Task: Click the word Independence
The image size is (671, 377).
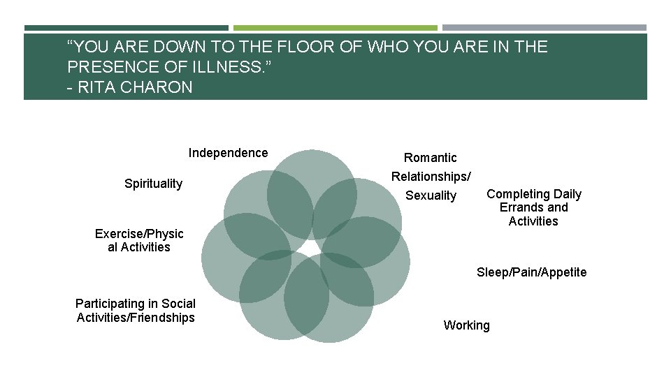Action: [228, 153]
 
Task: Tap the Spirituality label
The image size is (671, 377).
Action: [153, 184]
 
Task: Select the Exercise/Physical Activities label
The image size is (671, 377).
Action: [139, 240]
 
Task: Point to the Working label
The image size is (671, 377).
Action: [466, 325]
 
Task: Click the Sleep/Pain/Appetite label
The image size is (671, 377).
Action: [531, 272]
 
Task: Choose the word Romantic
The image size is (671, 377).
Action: [431, 158]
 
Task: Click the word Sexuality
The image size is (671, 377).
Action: [431, 195]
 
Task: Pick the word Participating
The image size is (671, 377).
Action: [108, 303]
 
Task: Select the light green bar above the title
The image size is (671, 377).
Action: [335, 28]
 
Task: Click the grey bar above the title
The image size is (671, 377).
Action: [544, 28]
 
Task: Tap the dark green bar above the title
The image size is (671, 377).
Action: [126, 28]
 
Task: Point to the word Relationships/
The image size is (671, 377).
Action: [431, 177]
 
